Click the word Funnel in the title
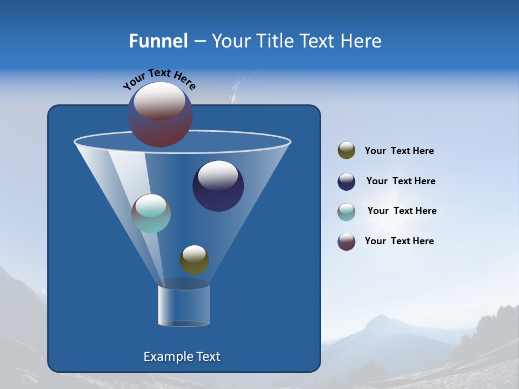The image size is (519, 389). [x=158, y=41]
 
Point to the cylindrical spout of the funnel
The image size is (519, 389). [x=184, y=305]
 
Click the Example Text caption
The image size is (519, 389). [x=182, y=357]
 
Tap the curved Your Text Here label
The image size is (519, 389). [x=159, y=78]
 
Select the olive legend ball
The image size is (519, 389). [x=347, y=151]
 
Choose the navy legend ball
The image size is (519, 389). [x=347, y=182]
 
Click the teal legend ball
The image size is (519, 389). [x=347, y=212]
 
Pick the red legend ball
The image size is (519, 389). [x=347, y=242]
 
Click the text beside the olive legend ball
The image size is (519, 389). [x=399, y=151]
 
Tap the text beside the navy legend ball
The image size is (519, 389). [x=401, y=181]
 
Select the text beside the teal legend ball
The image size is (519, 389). [x=402, y=211]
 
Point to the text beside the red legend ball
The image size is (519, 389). [x=399, y=241]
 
